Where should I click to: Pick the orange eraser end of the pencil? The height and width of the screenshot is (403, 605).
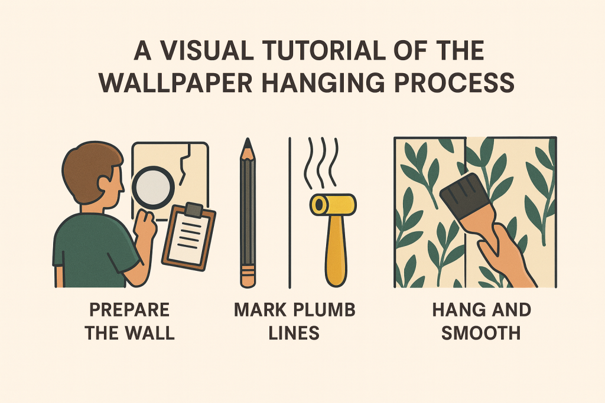(248, 276)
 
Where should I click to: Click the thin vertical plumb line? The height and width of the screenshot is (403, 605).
(289, 212)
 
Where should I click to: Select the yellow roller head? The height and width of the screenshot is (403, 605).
(333, 204)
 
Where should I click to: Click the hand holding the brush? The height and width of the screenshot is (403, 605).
(502, 248)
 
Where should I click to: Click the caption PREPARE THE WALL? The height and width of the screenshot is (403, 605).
(129, 321)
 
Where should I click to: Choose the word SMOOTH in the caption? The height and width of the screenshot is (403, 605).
(481, 333)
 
